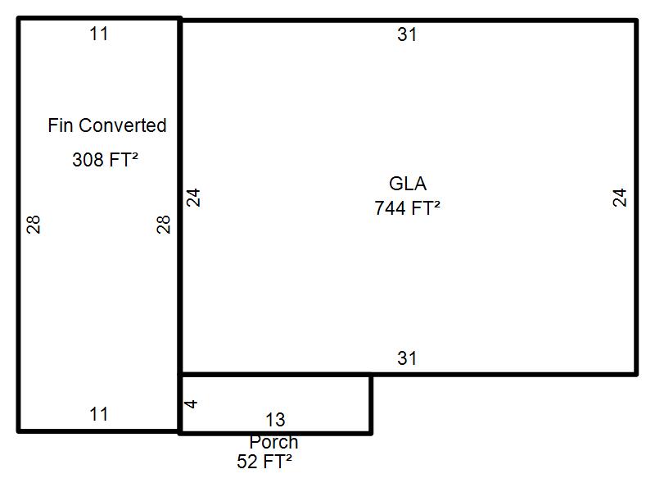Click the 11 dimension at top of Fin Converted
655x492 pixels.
[99, 34]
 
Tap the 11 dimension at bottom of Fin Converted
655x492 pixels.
[99, 415]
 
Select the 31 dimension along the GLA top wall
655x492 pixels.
[407, 34]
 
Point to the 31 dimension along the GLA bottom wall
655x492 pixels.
[407, 358]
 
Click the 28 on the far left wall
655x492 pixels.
[34, 224]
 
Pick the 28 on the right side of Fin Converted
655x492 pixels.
[164, 224]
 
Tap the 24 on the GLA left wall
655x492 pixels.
[193, 198]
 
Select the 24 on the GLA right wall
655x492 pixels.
[620, 198]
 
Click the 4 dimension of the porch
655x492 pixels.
[191, 404]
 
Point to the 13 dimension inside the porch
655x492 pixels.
[275, 420]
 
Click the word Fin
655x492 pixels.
[60, 125]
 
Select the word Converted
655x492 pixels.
[122, 125]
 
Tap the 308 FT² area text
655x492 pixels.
[105, 159]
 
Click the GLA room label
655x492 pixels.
[408, 184]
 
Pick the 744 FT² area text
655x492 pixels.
[407, 208]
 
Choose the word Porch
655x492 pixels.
[273, 442]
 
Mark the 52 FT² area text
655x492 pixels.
[264, 462]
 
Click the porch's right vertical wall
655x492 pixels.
[371, 404]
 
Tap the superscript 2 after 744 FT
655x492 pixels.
[436, 203]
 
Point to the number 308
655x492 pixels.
[88, 160]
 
